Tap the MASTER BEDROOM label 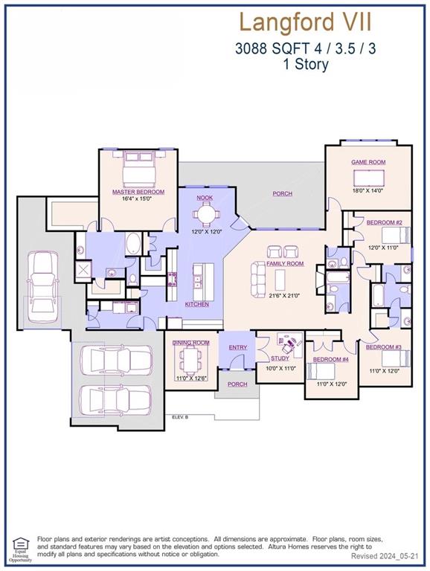tap(138, 192)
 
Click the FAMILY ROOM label tap(285, 264)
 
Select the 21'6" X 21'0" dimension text tap(285, 295)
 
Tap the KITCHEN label tap(197, 304)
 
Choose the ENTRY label tap(238, 347)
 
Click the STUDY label tap(280, 358)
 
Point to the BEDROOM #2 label tap(386, 223)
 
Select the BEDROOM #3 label tap(384, 347)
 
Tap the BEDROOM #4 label tap(330, 360)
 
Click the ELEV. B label tap(180, 417)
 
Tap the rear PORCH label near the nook tap(282, 193)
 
